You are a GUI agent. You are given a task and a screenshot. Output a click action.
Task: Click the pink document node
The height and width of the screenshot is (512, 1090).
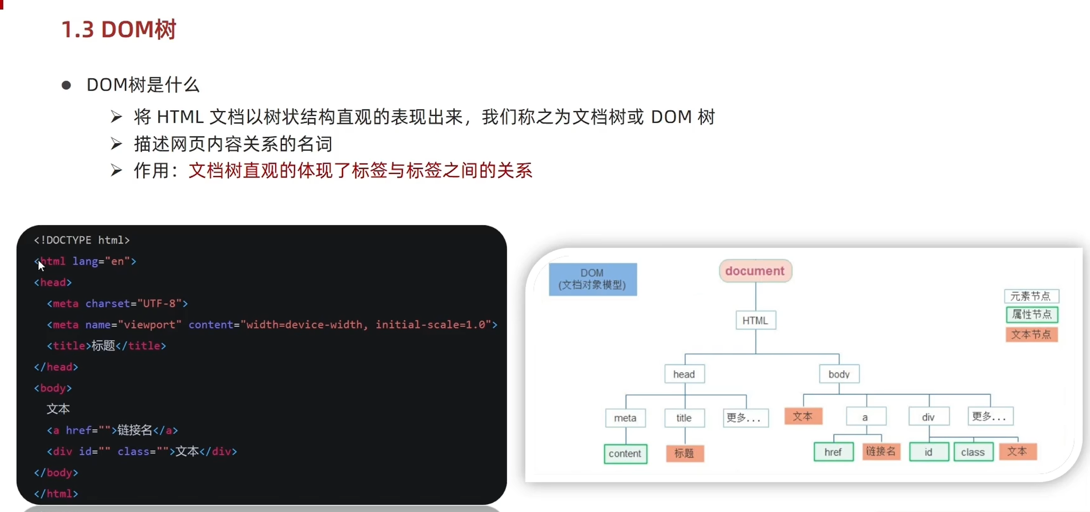pyautogui.click(x=755, y=271)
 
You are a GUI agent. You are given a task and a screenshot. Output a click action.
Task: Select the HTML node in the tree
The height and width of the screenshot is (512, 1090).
pyautogui.click(x=755, y=321)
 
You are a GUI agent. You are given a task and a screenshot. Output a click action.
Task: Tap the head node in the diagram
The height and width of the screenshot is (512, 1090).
pyautogui.click(x=684, y=374)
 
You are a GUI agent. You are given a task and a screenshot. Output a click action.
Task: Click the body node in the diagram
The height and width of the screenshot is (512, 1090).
pyautogui.click(x=839, y=374)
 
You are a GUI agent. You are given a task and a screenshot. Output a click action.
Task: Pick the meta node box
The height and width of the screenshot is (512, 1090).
pyautogui.click(x=625, y=418)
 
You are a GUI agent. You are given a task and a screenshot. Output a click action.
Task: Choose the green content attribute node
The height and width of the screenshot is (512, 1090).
pyautogui.click(x=625, y=454)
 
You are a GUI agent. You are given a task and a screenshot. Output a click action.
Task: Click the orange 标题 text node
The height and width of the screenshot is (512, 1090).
pyautogui.click(x=684, y=454)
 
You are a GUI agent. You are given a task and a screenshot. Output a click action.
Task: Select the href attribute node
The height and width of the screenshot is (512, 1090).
pyautogui.click(x=833, y=452)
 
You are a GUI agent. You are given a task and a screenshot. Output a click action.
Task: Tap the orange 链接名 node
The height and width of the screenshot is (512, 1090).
pyautogui.click(x=880, y=451)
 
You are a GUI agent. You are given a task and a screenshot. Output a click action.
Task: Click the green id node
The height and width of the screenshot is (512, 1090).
pyautogui.click(x=929, y=452)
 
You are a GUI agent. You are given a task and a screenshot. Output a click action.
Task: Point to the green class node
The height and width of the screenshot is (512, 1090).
pyautogui.click(x=973, y=452)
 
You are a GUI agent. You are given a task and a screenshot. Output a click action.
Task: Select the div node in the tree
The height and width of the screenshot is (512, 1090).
pyautogui.click(x=929, y=417)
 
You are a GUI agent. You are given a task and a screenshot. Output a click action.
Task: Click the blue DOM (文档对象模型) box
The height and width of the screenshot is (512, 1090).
pyautogui.click(x=592, y=279)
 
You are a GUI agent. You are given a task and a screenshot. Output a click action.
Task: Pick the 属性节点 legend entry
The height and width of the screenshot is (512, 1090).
pyautogui.click(x=1032, y=314)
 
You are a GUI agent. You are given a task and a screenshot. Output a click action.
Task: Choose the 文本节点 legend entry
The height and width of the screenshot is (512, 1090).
pyautogui.click(x=1032, y=335)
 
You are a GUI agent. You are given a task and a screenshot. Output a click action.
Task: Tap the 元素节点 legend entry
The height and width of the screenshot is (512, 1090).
pyautogui.click(x=1031, y=296)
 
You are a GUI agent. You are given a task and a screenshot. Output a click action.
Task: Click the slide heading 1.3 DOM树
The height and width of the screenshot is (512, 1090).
pyautogui.click(x=119, y=29)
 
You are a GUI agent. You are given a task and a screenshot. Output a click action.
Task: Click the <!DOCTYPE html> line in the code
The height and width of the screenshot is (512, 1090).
pyautogui.click(x=82, y=240)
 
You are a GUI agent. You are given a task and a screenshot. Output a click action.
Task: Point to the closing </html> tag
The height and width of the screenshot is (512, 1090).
pyautogui.click(x=56, y=494)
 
